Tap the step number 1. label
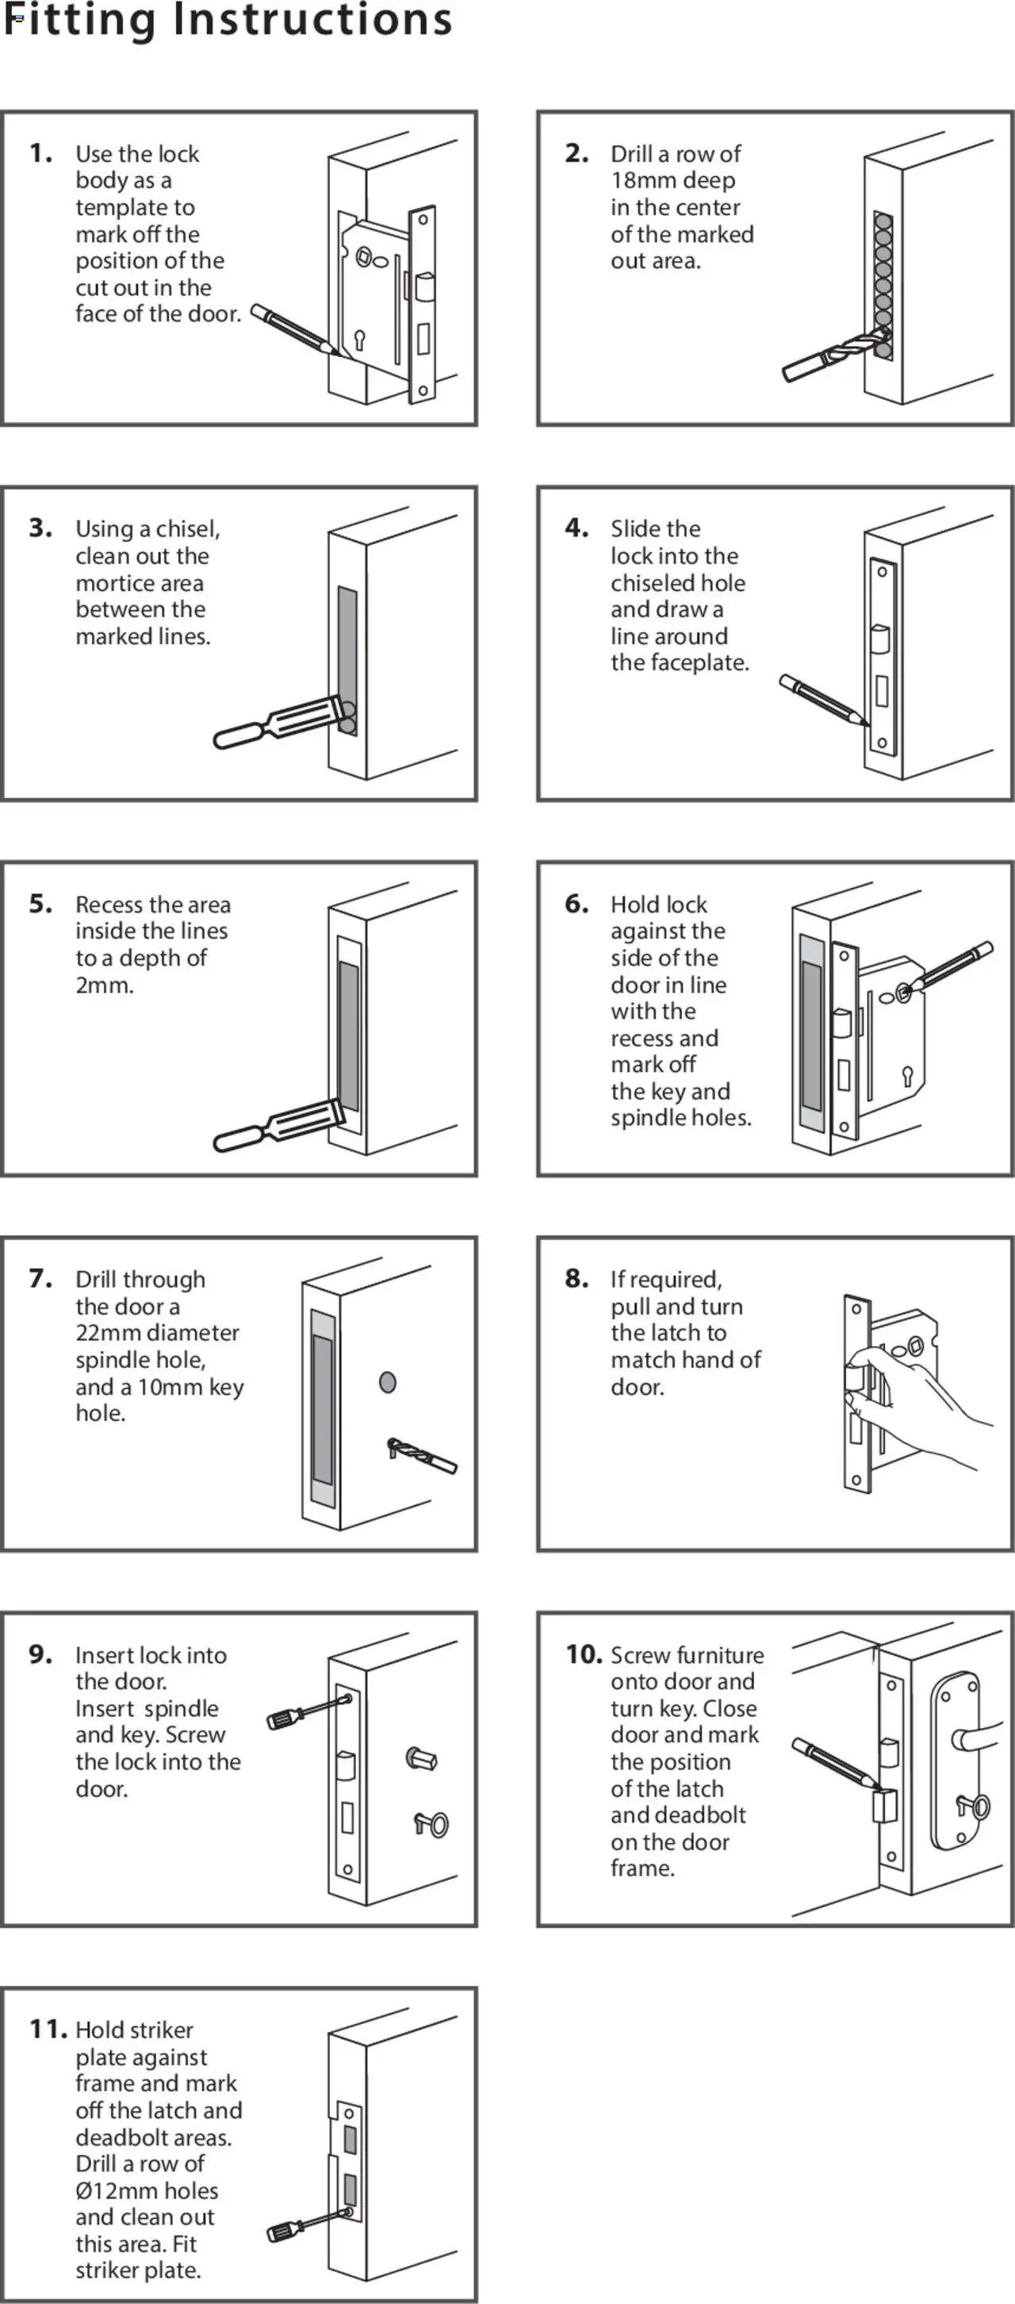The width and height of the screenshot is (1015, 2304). (40, 153)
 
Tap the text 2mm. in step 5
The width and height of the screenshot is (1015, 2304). (104, 985)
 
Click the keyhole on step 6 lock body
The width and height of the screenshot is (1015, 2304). (907, 1074)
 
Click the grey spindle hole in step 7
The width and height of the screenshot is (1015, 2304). (387, 1382)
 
